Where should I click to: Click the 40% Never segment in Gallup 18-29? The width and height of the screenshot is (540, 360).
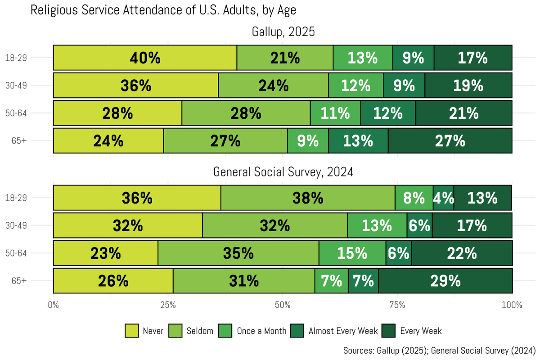(x=145, y=58)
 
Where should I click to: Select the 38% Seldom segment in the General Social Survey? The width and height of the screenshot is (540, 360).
(x=308, y=198)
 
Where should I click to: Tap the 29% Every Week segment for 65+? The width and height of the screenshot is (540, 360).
(x=445, y=281)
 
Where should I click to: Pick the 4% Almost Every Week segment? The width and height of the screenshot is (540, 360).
(x=443, y=198)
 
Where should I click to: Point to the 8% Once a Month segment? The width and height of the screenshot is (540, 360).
(x=414, y=198)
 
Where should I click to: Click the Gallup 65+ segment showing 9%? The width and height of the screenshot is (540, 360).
(x=308, y=141)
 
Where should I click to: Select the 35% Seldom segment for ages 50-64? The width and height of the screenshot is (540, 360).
(x=238, y=253)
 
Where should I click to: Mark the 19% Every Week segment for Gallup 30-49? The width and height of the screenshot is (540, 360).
(x=468, y=85)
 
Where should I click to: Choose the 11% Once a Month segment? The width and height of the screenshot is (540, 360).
(x=335, y=113)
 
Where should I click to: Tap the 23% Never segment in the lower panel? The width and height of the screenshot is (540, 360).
(x=106, y=253)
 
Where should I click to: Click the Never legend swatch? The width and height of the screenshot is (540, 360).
(x=131, y=331)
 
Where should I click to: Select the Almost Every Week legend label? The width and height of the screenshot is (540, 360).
(x=343, y=331)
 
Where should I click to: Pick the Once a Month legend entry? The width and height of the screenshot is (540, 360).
(x=261, y=331)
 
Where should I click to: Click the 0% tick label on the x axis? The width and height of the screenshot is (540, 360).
(x=53, y=305)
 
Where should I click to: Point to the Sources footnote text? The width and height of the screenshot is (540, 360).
(x=439, y=350)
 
